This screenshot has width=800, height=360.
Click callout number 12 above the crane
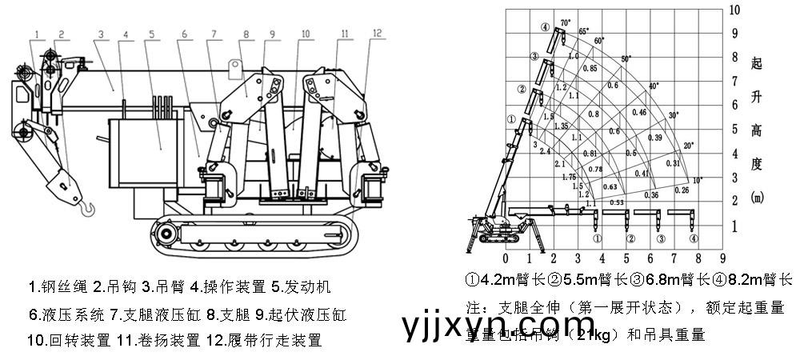(377, 33)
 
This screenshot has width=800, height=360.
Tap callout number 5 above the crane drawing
(151, 34)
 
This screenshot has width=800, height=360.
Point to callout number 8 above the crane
(245, 34)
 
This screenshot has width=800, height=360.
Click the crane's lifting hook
(87, 210)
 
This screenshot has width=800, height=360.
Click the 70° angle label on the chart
(566, 22)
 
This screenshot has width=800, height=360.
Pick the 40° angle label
(654, 86)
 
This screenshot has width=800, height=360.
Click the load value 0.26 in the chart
(682, 190)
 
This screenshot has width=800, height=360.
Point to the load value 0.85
(590, 69)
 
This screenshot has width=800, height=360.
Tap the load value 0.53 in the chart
(616, 202)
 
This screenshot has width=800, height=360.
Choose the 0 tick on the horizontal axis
(506, 258)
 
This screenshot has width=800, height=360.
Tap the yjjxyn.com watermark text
(497, 326)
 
